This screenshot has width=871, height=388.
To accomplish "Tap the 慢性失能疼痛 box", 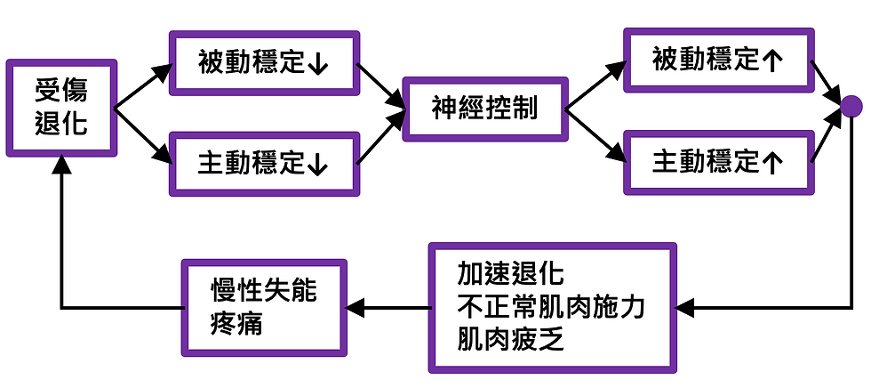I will [x=263, y=307].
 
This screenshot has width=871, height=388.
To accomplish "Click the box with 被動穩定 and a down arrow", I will [x=263, y=63].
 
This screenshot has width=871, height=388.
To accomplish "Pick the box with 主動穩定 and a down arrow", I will [x=263, y=164].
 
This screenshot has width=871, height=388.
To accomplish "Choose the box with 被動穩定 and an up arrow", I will [x=718, y=60].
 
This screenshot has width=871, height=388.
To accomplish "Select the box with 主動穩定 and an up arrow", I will [x=718, y=161].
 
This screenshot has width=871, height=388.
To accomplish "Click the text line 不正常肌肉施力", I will [x=551, y=307].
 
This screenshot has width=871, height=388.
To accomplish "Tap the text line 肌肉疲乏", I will [x=510, y=340].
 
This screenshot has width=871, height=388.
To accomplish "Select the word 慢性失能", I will [x=263, y=290].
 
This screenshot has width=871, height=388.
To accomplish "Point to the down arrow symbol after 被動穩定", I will [x=317, y=64].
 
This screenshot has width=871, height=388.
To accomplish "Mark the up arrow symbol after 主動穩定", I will [x=772, y=162].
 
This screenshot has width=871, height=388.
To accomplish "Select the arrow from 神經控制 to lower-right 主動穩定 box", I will [x=595, y=133].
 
